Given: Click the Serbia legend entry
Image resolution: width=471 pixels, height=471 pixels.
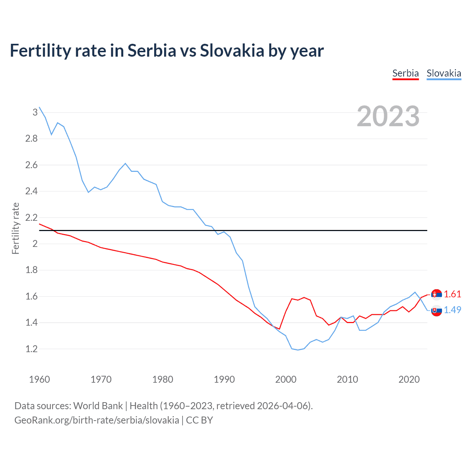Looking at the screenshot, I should (406, 73).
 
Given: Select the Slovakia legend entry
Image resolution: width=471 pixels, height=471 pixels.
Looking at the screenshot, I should (444, 73).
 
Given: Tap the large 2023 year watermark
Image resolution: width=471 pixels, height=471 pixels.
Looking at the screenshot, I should (388, 116).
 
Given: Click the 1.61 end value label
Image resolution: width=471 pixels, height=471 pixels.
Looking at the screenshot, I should (452, 294).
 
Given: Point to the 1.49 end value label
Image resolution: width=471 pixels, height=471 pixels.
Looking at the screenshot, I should (452, 310).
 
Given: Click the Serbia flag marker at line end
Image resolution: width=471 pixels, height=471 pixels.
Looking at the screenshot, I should (436, 294).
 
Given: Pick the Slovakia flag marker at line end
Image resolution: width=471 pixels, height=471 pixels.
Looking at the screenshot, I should (436, 311).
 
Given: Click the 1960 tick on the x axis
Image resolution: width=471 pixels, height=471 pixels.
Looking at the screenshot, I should (39, 379).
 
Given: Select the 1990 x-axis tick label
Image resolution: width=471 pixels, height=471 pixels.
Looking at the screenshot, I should (224, 379).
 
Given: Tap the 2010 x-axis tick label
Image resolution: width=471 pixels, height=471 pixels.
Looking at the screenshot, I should (347, 379).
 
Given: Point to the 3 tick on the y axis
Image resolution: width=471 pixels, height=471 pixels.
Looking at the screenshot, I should (35, 112).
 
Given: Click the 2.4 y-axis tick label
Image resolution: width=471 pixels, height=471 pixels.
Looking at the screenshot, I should (32, 191).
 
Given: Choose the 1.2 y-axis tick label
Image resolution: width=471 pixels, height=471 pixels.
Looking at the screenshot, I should (32, 349).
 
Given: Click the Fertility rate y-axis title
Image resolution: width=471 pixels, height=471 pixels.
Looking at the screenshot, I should (15, 228).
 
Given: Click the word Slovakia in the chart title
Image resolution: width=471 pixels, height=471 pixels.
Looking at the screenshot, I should (232, 50).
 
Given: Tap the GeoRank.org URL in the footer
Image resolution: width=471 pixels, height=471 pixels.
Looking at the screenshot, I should (97, 420).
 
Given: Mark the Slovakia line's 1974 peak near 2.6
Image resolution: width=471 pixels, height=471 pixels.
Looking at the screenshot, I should (125, 163).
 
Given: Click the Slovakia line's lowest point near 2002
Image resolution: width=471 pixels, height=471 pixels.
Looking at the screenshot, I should (298, 350).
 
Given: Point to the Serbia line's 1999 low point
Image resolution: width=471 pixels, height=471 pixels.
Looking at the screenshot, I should (279, 329).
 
